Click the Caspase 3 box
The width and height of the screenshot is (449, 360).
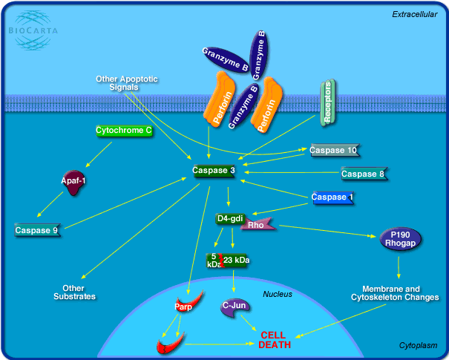coord(214,171)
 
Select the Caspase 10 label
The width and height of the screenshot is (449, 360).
coord(334,151)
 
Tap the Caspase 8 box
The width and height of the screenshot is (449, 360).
coord(363,174)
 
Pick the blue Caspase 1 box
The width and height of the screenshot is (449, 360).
coord(332,197)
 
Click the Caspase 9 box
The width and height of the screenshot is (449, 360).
coord(36,230)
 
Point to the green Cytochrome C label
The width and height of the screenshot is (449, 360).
coord(124,131)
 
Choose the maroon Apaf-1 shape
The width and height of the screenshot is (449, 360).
coord(74,183)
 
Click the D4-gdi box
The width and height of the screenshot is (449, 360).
coord(229,218)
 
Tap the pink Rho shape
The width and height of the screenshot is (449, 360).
coord(257,224)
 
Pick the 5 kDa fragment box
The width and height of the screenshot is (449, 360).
coord(213,261)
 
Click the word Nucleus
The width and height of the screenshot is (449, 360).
coord(278,294)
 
